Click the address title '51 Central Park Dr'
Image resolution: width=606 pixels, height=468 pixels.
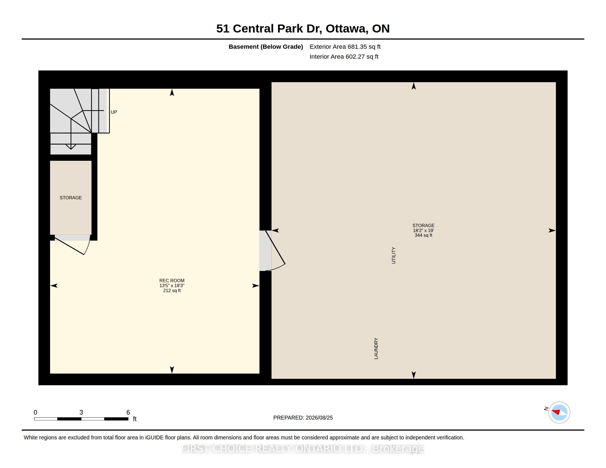click(x=269, y=29)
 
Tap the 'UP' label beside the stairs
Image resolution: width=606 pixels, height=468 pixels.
click(x=114, y=112)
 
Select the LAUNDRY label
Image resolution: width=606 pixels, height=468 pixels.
click(x=376, y=349)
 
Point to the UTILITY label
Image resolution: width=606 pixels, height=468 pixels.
click(x=393, y=255)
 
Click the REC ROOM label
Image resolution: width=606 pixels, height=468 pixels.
click(x=172, y=281)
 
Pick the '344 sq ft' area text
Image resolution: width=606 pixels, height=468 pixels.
click(x=423, y=235)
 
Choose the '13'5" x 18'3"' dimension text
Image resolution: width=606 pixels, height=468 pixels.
click(x=172, y=285)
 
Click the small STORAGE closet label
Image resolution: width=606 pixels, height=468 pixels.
click(x=71, y=198)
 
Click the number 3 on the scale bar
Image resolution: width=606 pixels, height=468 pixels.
click(x=81, y=412)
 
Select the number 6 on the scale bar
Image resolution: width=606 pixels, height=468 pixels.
click(x=128, y=412)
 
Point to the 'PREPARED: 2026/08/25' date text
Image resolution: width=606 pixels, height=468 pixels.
click(x=303, y=418)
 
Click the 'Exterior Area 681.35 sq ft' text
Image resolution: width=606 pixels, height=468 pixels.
click(x=345, y=47)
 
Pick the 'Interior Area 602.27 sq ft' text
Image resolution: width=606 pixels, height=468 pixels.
click(x=344, y=56)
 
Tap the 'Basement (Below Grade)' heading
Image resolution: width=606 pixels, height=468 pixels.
click(x=266, y=47)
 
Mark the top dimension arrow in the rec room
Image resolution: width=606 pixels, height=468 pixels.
click(x=172, y=92)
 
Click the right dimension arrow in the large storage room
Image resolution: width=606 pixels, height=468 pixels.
click(x=552, y=230)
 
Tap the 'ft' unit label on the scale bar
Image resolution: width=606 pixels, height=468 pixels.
click(x=135, y=419)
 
